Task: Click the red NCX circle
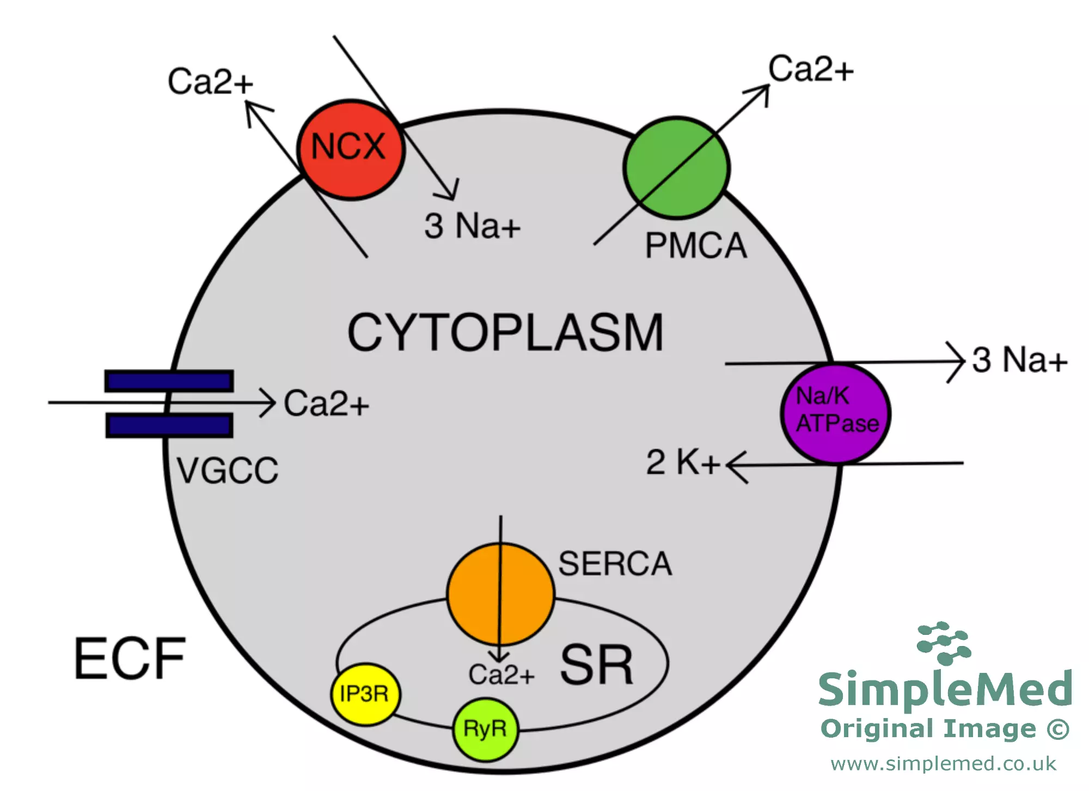tap(351, 150)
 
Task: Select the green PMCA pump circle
tap(676, 168)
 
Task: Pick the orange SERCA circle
tap(500, 594)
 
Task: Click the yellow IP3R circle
tap(365, 694)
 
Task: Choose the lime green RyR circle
tap(485, 728)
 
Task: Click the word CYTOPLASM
tap(505, 333)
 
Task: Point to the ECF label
tap(130, 659)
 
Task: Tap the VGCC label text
tap(227, 470)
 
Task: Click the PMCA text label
tap(695, 246)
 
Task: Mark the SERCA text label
tap(615, 564)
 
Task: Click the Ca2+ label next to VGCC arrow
tap(326, 403)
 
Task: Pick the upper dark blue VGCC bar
tap(169, 381)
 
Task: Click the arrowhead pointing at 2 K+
tap(732, 465)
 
